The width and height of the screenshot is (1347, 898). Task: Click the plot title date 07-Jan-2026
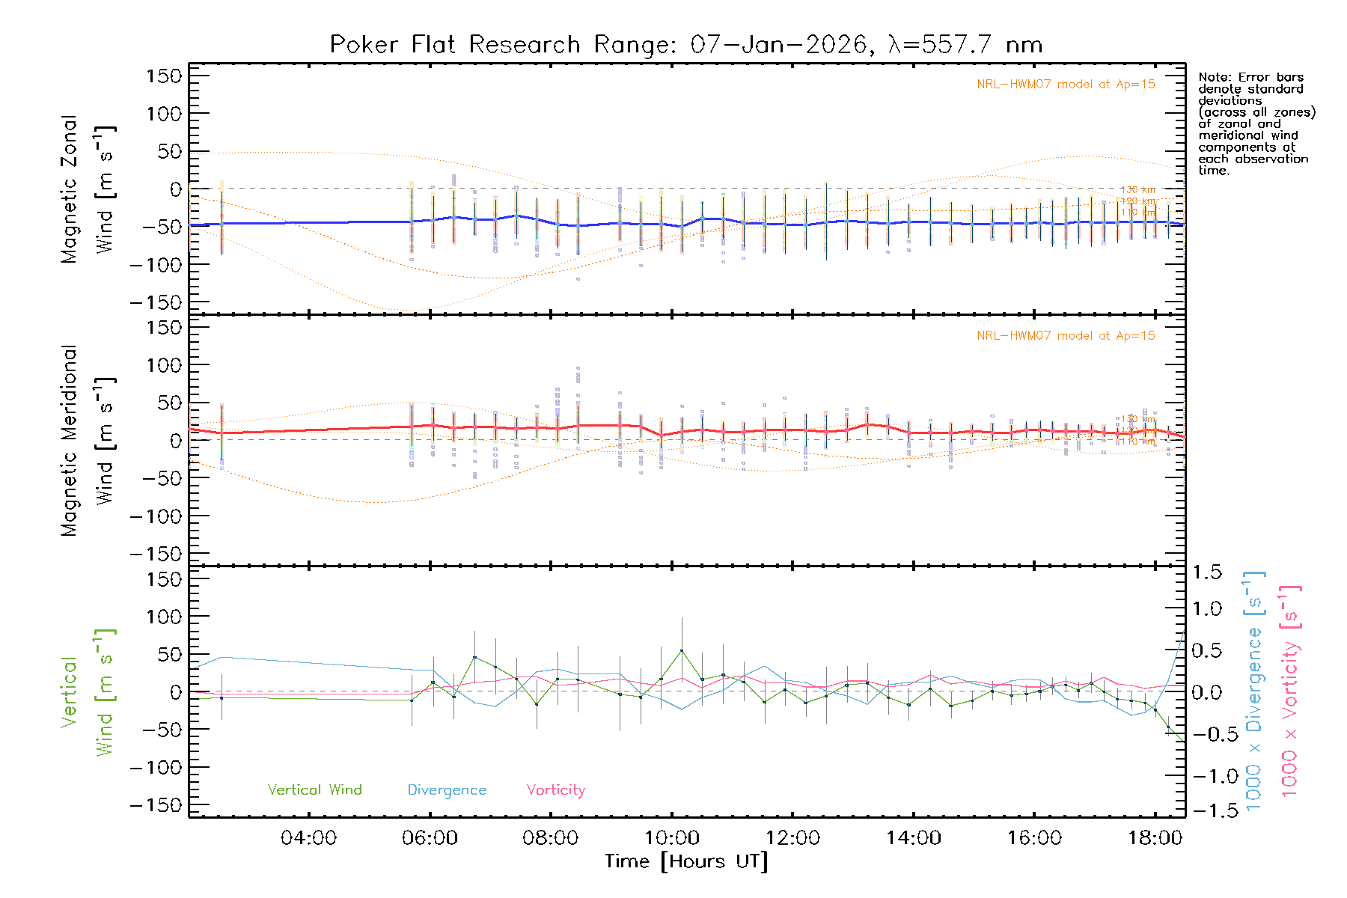(x=778, y=45)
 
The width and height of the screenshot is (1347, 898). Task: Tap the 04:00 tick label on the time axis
(x=308, y=838)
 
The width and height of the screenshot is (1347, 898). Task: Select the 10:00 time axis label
(x=672, y=838)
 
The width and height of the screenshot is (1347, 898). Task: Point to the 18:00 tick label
(x=1155, y=838)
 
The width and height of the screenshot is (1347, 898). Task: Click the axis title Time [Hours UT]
(x=686, y=862)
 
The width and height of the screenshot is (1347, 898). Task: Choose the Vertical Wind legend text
(x=314, y=790)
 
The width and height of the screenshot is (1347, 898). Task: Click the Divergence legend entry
(x=447, y=790)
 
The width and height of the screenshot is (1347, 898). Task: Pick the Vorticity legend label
(x=555, y=790)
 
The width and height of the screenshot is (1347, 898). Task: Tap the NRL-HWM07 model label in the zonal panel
(x=1066, y=85)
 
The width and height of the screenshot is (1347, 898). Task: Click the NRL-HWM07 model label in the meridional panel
(x=1066, y=336)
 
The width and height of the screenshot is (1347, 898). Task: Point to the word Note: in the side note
(x=1214, y=78)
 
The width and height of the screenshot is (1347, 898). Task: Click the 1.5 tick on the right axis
(x=1206, y=572)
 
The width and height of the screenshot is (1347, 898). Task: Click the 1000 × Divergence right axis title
(x=1254, y=691)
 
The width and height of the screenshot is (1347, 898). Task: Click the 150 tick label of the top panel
(x=164, y=76)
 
